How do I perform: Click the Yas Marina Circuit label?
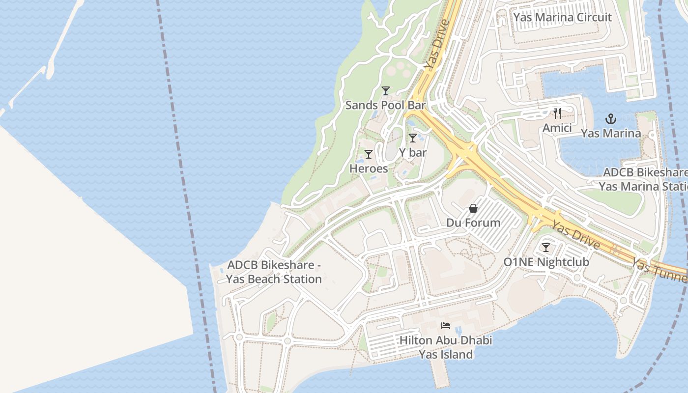(562, 17)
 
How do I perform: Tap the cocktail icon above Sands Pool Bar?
(386, 91)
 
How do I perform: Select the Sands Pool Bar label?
(385, 105)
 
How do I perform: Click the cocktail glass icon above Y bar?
(413, 138)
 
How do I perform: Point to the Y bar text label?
(413, 153)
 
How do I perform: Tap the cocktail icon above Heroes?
(369, 154)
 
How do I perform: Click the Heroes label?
(369, 168)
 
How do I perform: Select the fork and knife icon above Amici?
(557, 113)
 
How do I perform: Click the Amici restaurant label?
(557, 128)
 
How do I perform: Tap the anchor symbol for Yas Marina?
(610, 119)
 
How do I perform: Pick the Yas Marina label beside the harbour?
(611, 133)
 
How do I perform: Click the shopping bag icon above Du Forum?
(473, 208)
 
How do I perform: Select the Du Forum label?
(473, 223)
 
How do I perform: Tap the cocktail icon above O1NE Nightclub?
(546, 248)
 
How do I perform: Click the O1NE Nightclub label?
(546, 262)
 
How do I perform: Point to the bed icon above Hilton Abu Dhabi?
(446, 325)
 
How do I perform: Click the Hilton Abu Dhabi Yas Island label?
(446, 347)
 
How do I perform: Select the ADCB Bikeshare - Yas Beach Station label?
(274, 272)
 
